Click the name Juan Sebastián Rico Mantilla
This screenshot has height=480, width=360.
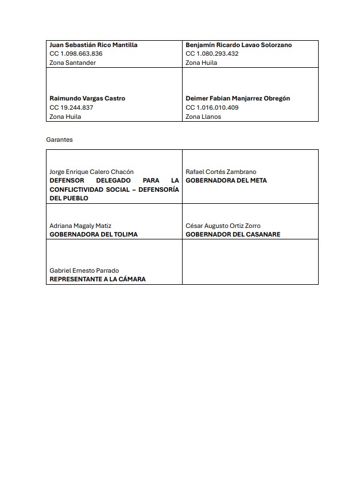[x=94, y=45]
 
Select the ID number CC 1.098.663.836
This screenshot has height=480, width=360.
[x=76, y=53]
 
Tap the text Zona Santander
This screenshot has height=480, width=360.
[x=73, y=63]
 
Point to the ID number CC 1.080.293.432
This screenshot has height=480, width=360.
[x=212, y=53]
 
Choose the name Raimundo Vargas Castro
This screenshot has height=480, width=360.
[x=87, y=98]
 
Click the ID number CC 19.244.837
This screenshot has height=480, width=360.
[x=71, y=107]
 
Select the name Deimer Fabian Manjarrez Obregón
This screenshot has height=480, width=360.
[x=238, y=98]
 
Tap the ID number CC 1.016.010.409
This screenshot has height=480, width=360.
[x=212, y=107]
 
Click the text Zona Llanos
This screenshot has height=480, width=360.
[x=203, y=117]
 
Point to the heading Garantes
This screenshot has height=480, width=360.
[x=60, y=140]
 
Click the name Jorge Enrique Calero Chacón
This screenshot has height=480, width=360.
[x=91, y=172]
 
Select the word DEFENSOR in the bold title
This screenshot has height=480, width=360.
[x=67, y=180]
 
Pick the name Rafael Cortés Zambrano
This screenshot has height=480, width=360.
[x=221, y=172]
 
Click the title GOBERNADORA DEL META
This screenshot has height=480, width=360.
[x=226, y=180]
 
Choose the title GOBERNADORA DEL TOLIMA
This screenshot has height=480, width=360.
[x=94, y=234]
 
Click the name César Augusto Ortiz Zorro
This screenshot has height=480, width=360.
[x=223, y=226]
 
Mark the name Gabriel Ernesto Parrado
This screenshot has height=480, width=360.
[x=84, y=270]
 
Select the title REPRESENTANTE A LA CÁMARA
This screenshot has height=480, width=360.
[x=98, y=279]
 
